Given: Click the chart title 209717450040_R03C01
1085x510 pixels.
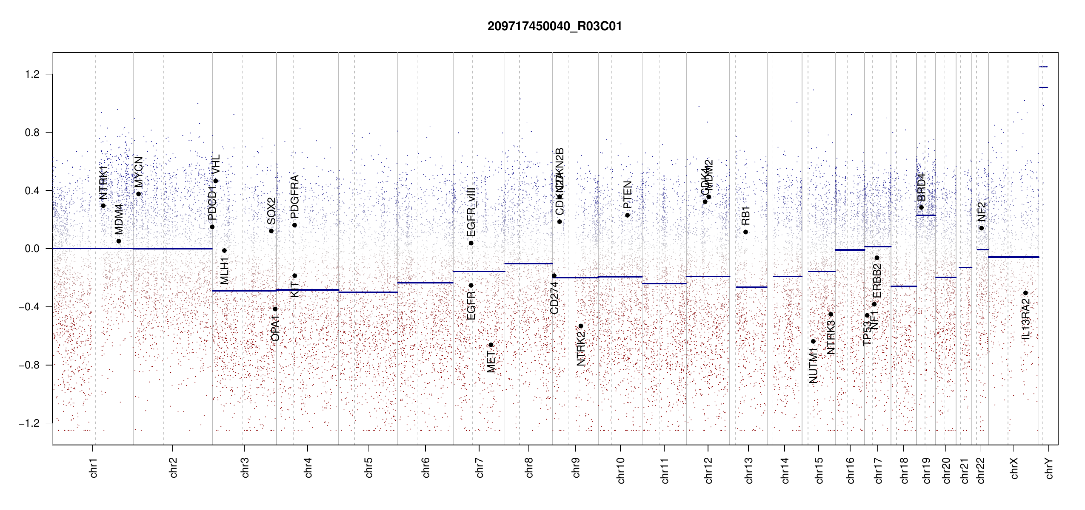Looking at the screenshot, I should point(554,26).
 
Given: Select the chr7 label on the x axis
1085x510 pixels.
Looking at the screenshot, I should point(480,467).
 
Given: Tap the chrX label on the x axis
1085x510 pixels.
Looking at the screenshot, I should point(1014,468).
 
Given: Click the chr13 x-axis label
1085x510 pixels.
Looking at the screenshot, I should point(748,470).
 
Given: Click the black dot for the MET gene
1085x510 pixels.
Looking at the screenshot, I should point(491,345).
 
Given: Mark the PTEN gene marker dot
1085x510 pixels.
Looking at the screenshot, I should point(627,215).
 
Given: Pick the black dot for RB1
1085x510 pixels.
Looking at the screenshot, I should point(745,232).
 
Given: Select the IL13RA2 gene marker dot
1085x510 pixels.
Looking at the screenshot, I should point(1025,293).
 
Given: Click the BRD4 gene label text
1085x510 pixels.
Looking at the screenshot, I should point(921,187).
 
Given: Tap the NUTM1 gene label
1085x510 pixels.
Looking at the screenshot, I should point(813,365).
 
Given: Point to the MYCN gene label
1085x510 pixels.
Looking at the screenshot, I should point(139,172).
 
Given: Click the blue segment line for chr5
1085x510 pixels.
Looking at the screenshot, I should point(368,292).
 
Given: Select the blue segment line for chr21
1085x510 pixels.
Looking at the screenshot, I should point(965,267).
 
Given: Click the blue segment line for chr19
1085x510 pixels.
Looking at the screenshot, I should point(926,215).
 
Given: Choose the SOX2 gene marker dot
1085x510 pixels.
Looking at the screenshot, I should point(271,231).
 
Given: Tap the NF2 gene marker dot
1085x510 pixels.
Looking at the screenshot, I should point(982,228).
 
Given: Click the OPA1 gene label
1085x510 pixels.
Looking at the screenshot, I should point(275,328).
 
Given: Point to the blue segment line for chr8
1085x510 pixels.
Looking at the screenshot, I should point(528,263).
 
